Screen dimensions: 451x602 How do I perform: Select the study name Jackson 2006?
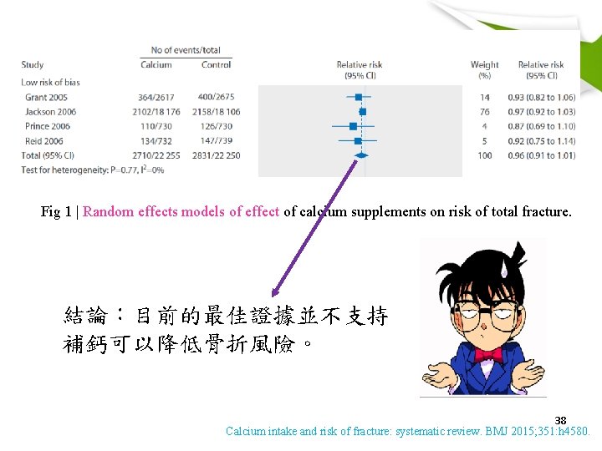tap(50, 111)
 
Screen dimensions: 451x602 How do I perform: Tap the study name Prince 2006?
tap(48, 126)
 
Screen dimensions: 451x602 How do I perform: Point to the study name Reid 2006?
tap(44, 141)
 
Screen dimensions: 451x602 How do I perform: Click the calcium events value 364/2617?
tap(157, 97)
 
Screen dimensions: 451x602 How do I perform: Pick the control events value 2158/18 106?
tap(216, 111)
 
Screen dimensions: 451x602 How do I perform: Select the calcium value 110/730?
tap(157, 126)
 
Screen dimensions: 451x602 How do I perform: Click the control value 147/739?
tap(216, 141)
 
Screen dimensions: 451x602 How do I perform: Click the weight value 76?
tap(485, 111)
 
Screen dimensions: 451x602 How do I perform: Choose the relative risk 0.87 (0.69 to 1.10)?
tap(541, 126)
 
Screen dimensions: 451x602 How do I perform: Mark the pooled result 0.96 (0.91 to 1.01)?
tap(541, 155)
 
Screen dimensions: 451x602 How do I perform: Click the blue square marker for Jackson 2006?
tap(363, 111)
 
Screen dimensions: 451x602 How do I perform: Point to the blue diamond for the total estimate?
tap(361, 155)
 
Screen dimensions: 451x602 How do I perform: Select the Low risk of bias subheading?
tap(50, 82)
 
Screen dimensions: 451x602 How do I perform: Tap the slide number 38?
tap(560, 420)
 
